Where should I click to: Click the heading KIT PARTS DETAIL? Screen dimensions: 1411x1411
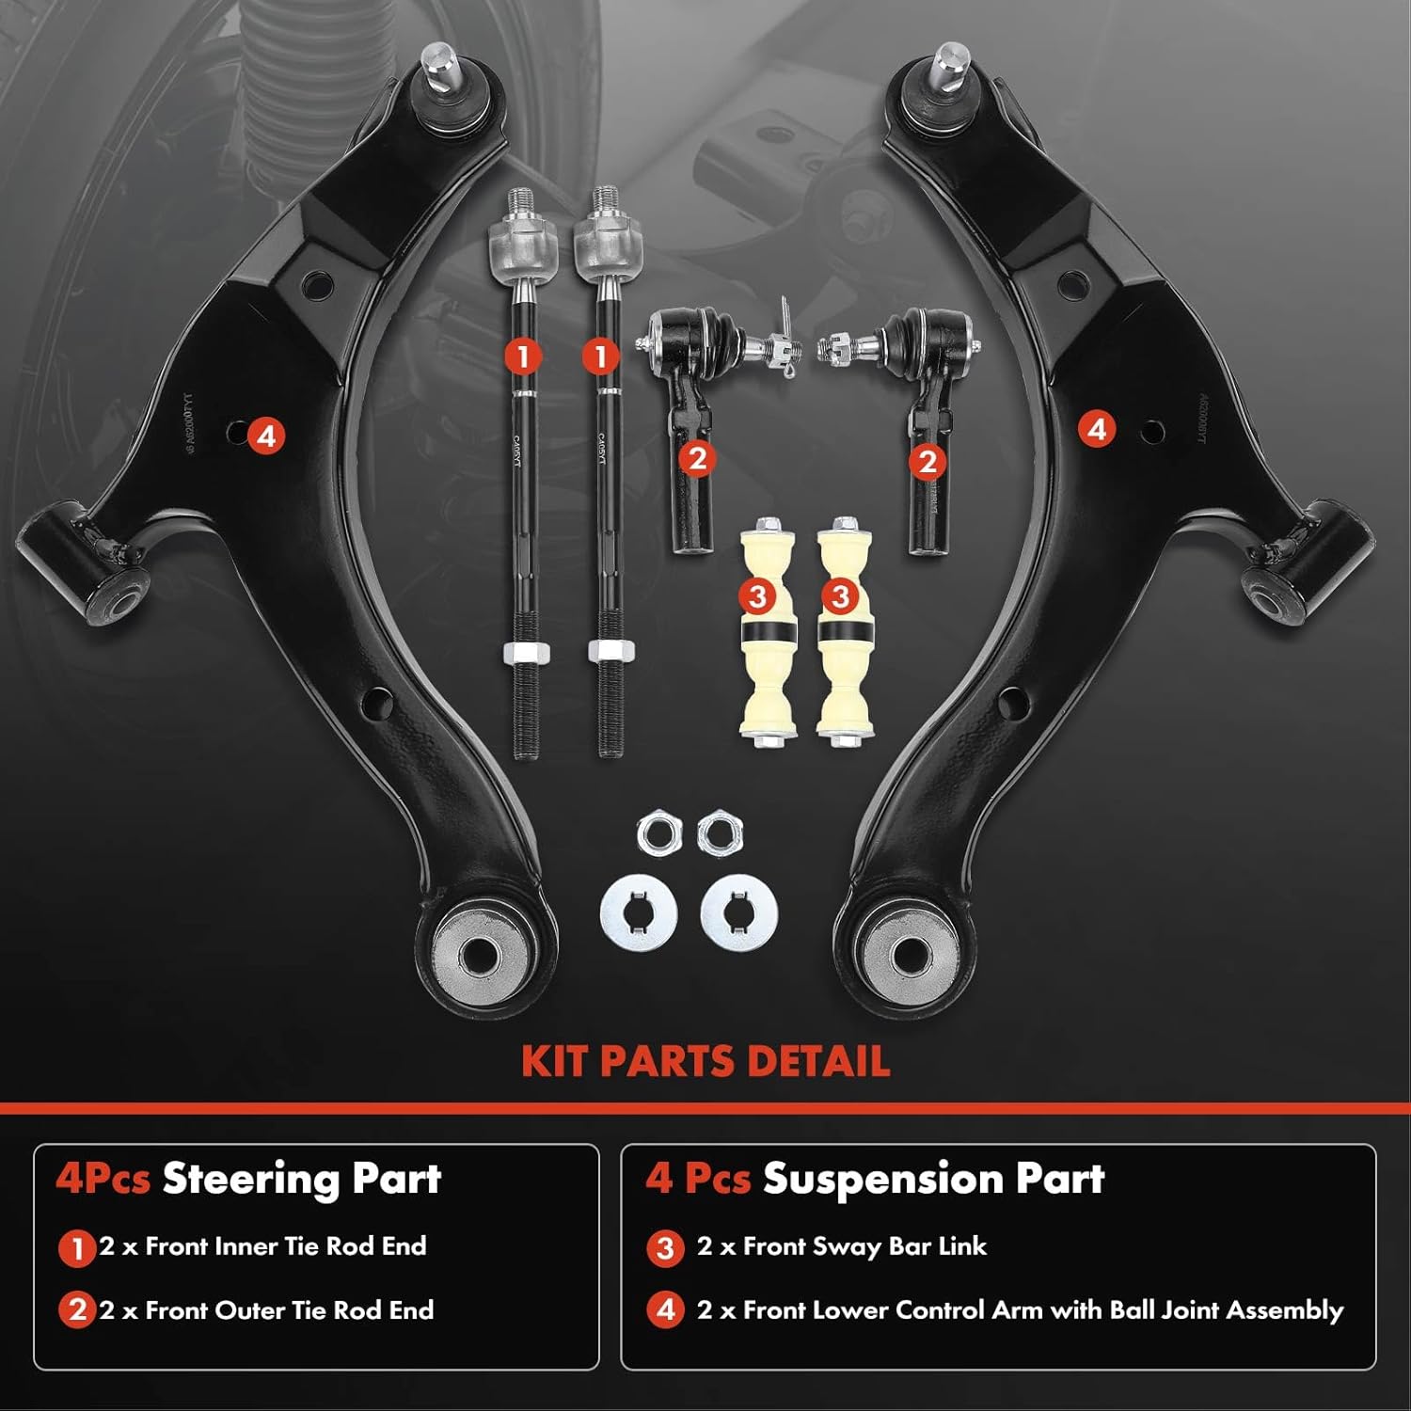705,1061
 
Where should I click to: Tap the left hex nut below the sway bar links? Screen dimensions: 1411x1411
656,833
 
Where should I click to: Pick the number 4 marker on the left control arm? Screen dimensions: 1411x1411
266,436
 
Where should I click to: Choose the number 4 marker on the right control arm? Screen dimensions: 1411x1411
1096,430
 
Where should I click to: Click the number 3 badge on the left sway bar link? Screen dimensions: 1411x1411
758,595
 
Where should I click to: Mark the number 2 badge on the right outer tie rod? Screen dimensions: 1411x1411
927,461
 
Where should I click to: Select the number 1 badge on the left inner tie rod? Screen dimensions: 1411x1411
523,356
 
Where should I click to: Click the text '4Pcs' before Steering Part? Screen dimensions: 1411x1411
103,1178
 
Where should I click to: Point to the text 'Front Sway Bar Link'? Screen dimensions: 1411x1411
864,1246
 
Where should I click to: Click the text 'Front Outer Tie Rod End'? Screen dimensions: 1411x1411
290,1309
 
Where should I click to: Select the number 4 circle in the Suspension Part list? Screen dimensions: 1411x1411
665,1310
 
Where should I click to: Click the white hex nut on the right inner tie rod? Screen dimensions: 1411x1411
610,650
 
